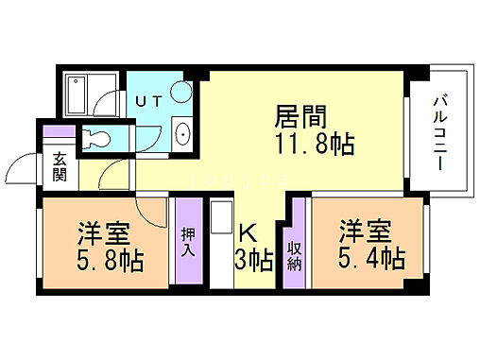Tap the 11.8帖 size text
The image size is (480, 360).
(x=316, y=145)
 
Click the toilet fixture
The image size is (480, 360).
(x=98, y=138)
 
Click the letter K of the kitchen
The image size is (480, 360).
(x=248, y=232)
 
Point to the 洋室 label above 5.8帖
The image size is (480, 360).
(x=104, y=232)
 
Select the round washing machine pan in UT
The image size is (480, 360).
(x=181, y=91)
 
